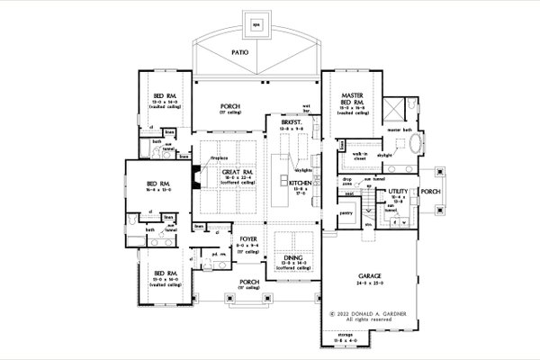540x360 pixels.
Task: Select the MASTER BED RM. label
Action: point(352,96)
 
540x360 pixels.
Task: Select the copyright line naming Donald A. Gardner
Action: point(367,313)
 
